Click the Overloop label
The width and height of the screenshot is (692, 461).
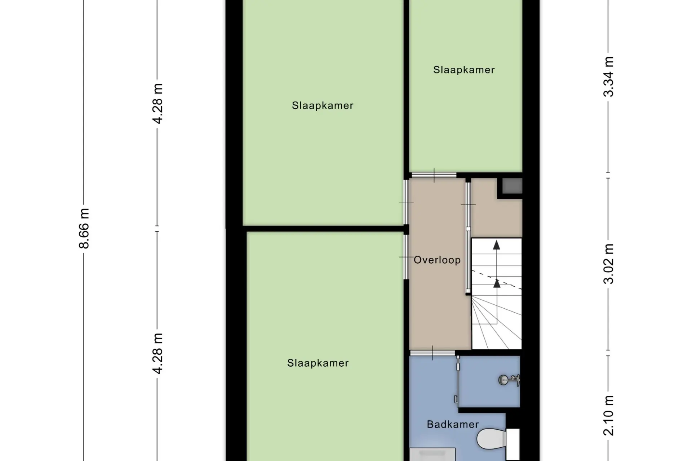point(437,260)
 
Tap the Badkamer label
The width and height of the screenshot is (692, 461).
point(453,424)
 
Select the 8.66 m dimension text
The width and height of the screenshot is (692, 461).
point(84,228)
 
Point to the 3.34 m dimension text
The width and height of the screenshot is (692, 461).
point(608,77)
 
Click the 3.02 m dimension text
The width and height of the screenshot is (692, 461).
point(608,264)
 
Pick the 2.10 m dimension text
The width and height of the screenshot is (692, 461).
point(608,415)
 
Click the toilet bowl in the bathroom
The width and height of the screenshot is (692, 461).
point(491,438)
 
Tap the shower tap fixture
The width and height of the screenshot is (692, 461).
point(509,380)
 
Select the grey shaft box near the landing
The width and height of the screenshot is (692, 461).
point(512,186)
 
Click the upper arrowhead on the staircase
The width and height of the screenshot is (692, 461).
point(497,245)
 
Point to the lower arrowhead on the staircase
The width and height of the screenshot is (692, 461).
point(497,283)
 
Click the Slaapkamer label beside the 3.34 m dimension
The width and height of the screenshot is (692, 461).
point(464,70)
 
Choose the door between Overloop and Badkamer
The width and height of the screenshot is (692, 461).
point(432,353)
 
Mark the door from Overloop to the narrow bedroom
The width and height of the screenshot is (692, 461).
point(434,175)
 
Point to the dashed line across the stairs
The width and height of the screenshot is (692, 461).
point(497,279)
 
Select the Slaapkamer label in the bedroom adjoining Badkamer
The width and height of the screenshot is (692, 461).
point(318,363)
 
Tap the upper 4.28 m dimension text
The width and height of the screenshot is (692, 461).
point(158,103)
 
